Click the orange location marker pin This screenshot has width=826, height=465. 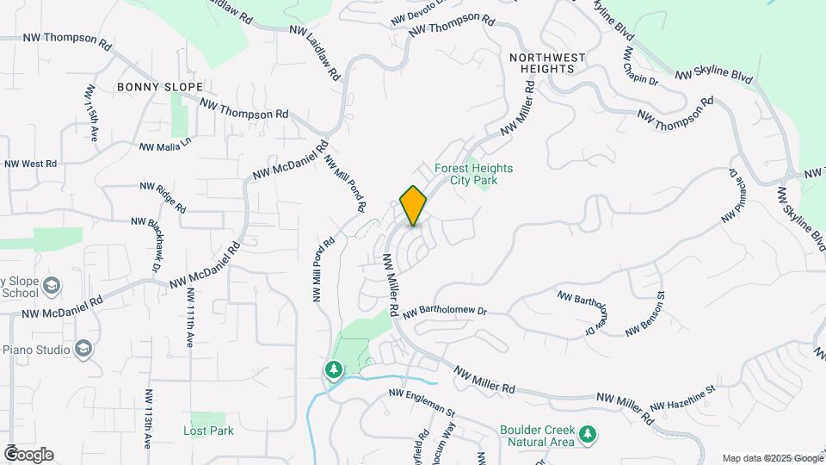pos(413,205)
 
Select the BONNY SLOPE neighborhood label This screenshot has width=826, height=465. pos(161,87)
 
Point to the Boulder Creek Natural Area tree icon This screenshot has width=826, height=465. pos(588,434)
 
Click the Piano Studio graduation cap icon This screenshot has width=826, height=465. pos(83,349)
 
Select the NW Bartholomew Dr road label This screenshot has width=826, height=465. pos(444,310)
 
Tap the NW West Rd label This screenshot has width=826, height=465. pos(30,164)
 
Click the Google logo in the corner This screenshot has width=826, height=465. pos(28,455)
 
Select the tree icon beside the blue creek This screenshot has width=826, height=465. pos(333,369)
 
